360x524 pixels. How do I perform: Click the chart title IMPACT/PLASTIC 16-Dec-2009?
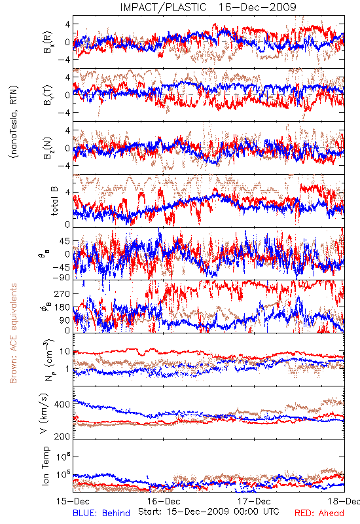(x=207, y=7)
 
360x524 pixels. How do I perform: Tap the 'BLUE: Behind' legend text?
(x=101, y=513)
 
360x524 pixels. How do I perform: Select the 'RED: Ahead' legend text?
(x=319, y=513)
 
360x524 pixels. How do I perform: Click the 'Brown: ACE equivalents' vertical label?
(x=13, y=333)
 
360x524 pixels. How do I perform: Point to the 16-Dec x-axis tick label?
(x=164, y=501)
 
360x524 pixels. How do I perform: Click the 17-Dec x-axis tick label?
(x=254, y=501)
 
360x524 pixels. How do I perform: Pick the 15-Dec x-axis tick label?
(x=73, y=501)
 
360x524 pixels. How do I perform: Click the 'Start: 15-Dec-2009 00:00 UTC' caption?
(x=209, y=512)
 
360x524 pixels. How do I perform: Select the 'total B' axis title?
(x=54, y=200)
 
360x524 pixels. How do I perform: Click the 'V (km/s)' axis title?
(x=44, y=413)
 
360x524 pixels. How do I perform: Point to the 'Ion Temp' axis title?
(x=45, y=466)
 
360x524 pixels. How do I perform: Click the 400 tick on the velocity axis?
(x=62, y=404)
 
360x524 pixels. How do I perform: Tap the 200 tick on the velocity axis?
(x=62, y=436)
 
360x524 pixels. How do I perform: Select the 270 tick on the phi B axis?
(x=62, y=293)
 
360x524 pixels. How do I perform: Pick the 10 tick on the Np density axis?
(x=65, y=352)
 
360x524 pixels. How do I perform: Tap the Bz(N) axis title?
(x=48, y=149)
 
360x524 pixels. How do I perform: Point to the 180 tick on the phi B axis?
(x=62, y=307)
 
